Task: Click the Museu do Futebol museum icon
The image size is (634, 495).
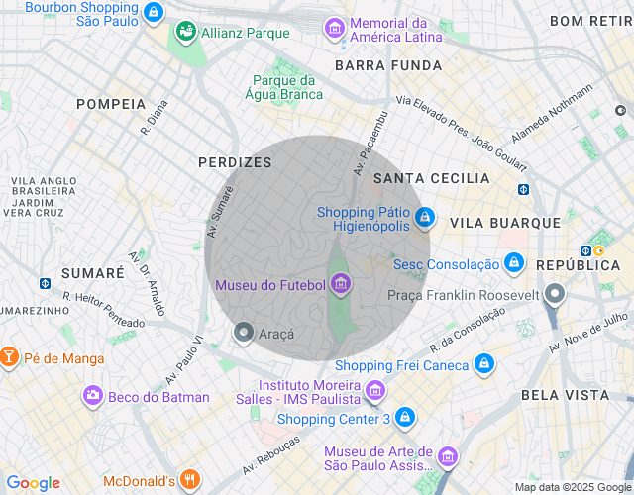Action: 342,286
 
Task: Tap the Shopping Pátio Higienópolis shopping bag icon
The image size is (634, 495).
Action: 424,216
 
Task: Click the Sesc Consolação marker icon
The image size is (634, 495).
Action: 513,263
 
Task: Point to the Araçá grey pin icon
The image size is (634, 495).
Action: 243,334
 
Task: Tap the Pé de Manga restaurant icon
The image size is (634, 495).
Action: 9,357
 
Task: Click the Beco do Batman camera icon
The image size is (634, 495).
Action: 92,396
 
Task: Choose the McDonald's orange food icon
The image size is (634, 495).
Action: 191,481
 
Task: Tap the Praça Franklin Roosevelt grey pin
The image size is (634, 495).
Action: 555,295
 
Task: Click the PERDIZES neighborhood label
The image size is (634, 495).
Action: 235,161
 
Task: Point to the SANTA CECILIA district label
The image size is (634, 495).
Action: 431,178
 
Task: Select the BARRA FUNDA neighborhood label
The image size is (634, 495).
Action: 388,65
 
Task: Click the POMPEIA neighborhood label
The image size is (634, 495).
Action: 111,104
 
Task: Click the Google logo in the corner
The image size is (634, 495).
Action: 33,482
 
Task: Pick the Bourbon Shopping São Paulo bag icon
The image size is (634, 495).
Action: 153,13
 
